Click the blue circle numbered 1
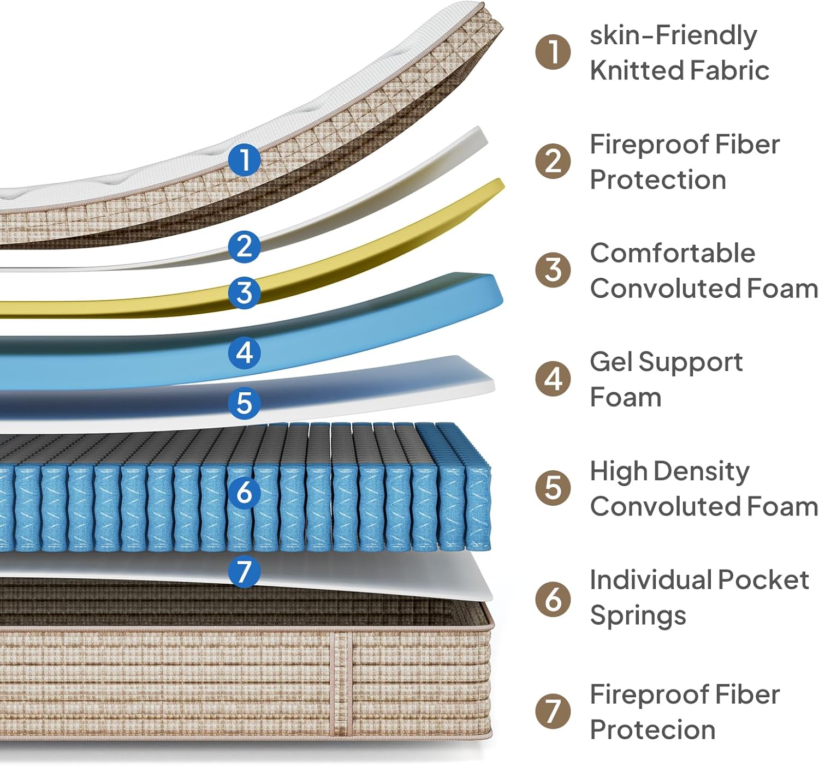(244, 159)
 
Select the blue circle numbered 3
(244, 292)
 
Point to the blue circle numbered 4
(244, 352)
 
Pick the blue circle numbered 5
(244, 403)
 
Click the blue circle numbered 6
(244, 493)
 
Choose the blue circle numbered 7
(244, 571)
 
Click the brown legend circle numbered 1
(553, 52)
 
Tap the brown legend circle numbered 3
(553, 270)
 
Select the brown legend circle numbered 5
(553, 488)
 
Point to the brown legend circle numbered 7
(553, 711)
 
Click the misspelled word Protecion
(652, 730)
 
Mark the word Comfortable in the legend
(673, 253)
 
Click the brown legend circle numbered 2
(553, 161)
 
